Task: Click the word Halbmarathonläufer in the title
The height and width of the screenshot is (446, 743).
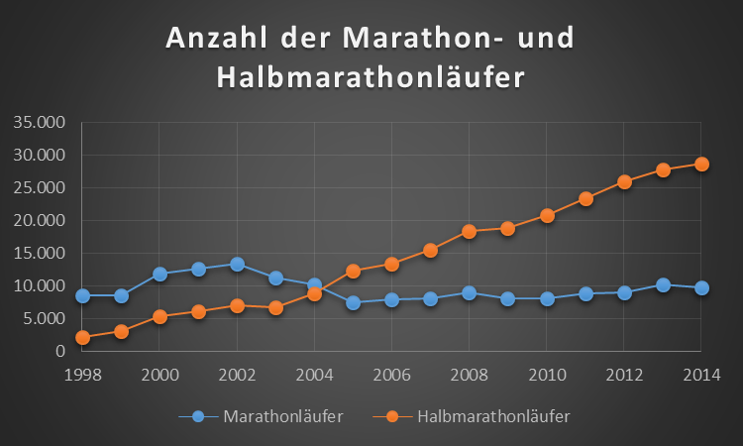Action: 371,77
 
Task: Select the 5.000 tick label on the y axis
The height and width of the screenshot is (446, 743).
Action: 44,318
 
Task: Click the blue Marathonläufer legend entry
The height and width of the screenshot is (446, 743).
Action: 262,415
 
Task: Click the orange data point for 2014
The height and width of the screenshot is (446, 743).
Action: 700,165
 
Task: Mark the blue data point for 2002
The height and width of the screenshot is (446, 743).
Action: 237,265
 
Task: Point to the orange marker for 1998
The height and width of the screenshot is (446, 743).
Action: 82,337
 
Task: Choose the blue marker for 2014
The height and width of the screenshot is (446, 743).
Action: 700,287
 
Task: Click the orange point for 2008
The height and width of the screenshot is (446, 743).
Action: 469,231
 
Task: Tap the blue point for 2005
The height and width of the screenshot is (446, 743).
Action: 353,302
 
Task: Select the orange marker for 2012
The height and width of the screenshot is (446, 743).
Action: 623,182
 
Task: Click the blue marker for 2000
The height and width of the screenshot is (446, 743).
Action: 159,274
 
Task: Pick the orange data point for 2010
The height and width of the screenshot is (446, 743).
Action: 546,215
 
